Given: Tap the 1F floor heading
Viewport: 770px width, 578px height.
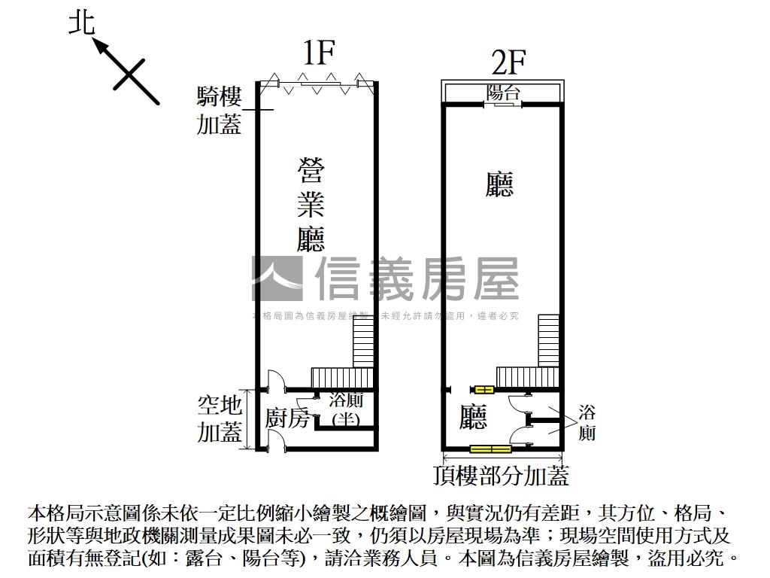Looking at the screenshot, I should (x=317, y=53).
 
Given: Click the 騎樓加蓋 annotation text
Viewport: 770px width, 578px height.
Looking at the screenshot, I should (x=219, y=110).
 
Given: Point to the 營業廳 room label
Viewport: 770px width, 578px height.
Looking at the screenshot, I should (x=310, y=205).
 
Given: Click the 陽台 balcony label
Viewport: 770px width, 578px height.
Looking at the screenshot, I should (x=503, y=92).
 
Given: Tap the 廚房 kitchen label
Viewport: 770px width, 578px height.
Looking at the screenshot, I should (x=287, y=418).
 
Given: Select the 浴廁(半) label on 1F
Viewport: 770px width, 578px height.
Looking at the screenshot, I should (x=345, y=410).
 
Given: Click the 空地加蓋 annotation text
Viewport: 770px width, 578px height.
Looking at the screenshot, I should (x=220, y=418).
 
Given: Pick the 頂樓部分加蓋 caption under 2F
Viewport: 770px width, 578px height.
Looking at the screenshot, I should (x=501, y=476).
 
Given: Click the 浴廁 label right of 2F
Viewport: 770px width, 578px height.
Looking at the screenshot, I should (x=587, y=423).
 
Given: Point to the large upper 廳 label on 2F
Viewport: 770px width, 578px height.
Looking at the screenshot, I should (x=499, y=184).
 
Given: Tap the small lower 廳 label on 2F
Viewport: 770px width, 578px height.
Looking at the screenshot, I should (x=474, y=417).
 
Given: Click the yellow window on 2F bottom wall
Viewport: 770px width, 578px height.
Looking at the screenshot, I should (x=490, y=449).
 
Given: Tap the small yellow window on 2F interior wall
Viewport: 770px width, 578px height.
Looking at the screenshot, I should (x=482, y=389).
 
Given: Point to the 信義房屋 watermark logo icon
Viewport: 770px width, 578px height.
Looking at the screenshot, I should (x=277, y=279).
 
